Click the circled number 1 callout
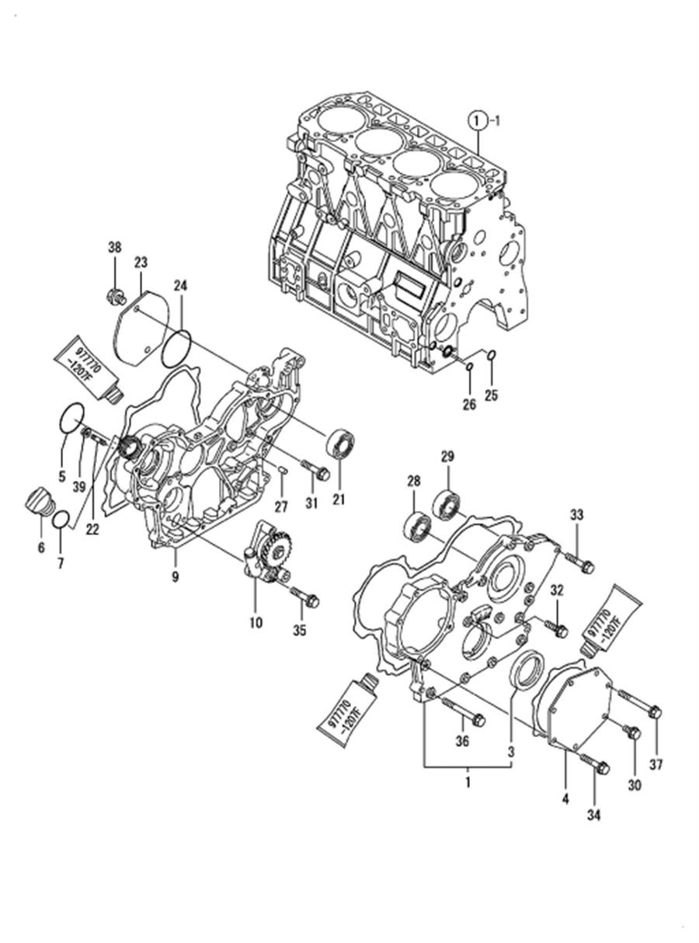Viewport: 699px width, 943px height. [x=478, y=121]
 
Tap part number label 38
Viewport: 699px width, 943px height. [x=115, y=248]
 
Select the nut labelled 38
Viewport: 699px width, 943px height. [x=116, y=296]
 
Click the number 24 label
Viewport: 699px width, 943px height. [x=180, y=286]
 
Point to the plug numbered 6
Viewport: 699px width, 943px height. [x=39, y=502]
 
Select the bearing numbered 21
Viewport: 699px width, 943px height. [x=340, y=444]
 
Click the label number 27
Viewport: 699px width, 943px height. [x=281, y=506]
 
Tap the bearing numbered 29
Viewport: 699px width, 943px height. [x=446, y=503]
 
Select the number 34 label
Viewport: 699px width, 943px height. [x=593, y=815]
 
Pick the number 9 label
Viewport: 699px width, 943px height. [x=176, y=577]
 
